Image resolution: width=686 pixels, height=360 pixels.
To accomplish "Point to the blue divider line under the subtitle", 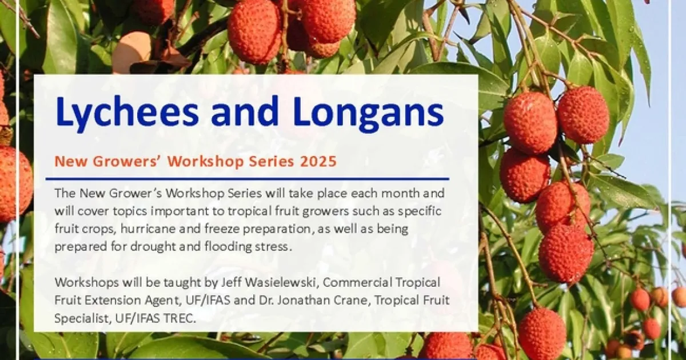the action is [248, 178].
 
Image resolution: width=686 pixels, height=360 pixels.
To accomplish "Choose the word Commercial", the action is [356, 282].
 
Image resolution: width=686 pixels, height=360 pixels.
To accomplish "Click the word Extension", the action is [113, 301].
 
